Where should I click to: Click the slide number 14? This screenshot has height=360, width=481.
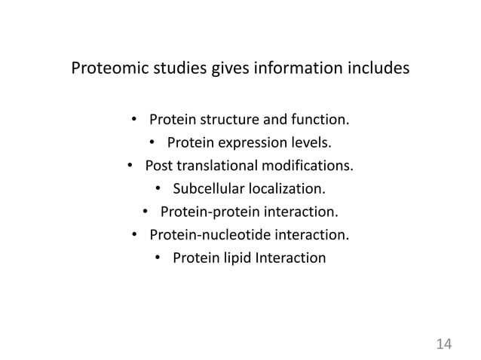tap(443, 343)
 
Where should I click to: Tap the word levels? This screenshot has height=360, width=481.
tap(308, 142)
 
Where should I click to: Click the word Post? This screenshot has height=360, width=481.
tap(158, 166)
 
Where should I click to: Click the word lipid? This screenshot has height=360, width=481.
tap(236, 258)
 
